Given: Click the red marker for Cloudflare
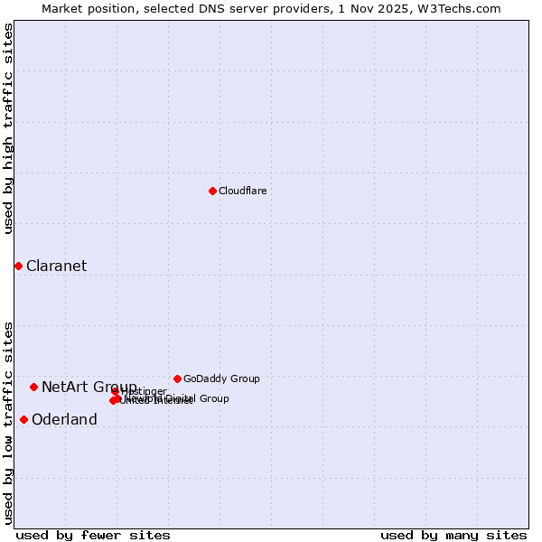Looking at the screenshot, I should click(x=212, y=191).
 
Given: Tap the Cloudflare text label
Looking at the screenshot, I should click(x=242, y=191).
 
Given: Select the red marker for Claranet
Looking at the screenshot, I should click(x=18, y=266).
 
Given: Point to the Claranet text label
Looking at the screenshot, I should click(x=56, y=266).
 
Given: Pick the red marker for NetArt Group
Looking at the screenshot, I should click(x=33, y=387).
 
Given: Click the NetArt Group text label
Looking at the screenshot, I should click(x=89, y=387).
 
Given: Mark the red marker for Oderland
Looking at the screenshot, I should click(x=23, y=419).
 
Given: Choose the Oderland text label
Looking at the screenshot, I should click(x=64, y=419).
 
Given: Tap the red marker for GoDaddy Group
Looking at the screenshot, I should click(x=177, y=378).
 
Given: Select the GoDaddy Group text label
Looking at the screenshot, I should click(x=221, y=378).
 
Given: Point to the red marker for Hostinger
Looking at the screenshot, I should click(x=116, y=391).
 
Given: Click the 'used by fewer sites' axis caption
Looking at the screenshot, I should click(x=93, y=535).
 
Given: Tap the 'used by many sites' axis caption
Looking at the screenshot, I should click(x=453, y=535).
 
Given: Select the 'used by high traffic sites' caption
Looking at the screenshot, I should click(x=9, y=128).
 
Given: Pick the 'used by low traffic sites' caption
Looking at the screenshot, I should click(x=9, y=422).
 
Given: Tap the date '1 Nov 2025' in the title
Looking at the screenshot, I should click(x=377, y=8).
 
